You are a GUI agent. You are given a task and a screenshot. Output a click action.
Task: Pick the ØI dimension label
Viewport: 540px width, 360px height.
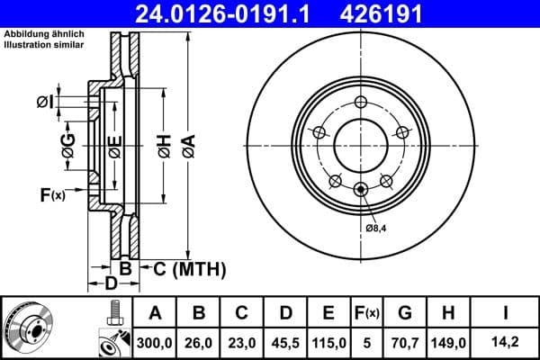tap(44, 103)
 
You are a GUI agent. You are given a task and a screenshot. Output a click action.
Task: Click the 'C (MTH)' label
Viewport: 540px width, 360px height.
tap(184, 269)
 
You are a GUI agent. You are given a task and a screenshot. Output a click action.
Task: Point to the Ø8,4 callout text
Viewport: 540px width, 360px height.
tap(378, 229)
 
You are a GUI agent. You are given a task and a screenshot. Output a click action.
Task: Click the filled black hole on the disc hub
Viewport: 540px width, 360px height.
tap(361, 188)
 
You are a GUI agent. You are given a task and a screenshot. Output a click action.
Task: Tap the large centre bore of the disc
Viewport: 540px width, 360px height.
tap(361, 145)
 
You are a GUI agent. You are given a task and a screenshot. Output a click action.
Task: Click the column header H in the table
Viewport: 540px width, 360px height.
tap(450, 314)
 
